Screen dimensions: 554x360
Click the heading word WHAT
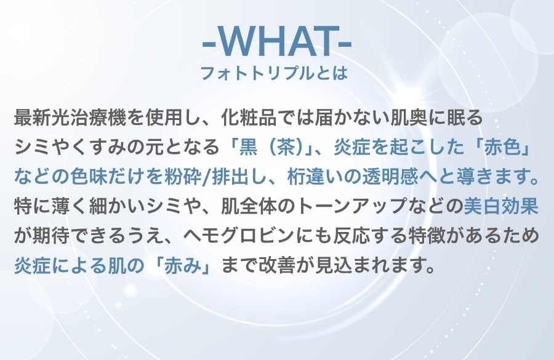point(276,42)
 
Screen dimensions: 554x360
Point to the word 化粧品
point(249,118)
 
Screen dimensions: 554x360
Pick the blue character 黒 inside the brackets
point(248,147)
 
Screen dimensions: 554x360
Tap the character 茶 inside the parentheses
point(286,147)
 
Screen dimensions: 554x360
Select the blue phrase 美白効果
point(501,206)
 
